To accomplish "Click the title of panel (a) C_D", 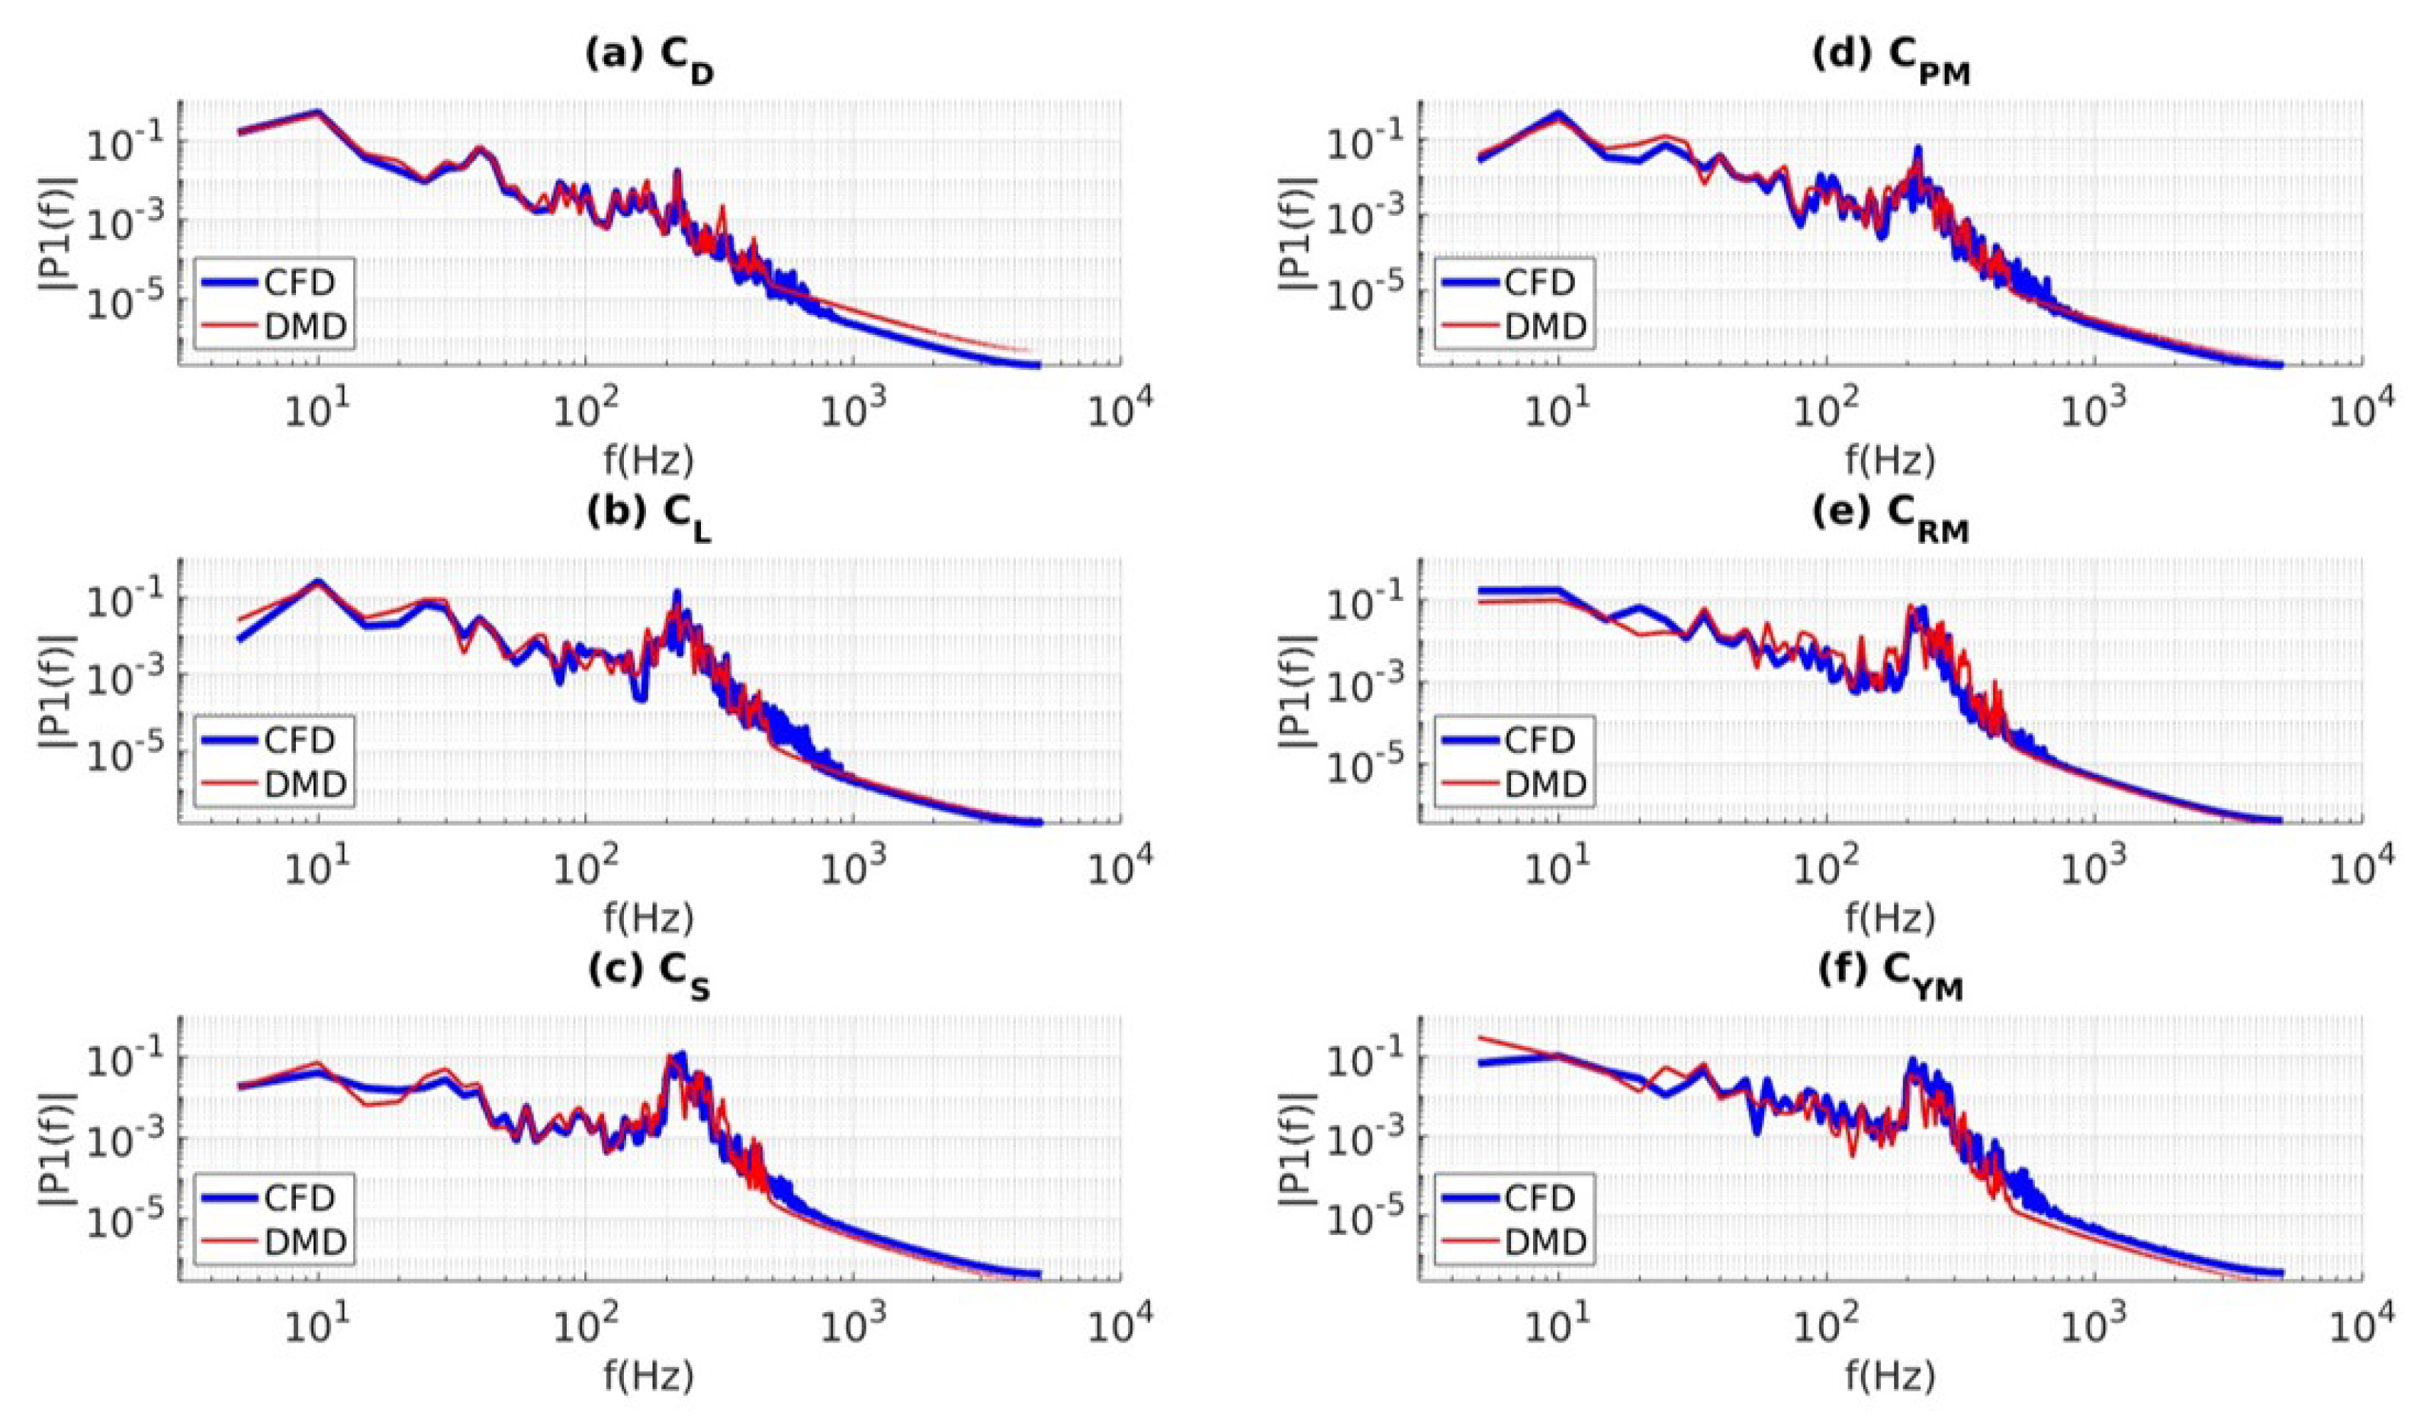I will pos(649,59).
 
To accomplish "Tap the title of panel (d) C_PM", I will pos(1889,59).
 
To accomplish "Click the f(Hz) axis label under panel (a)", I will pos(649,461).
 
